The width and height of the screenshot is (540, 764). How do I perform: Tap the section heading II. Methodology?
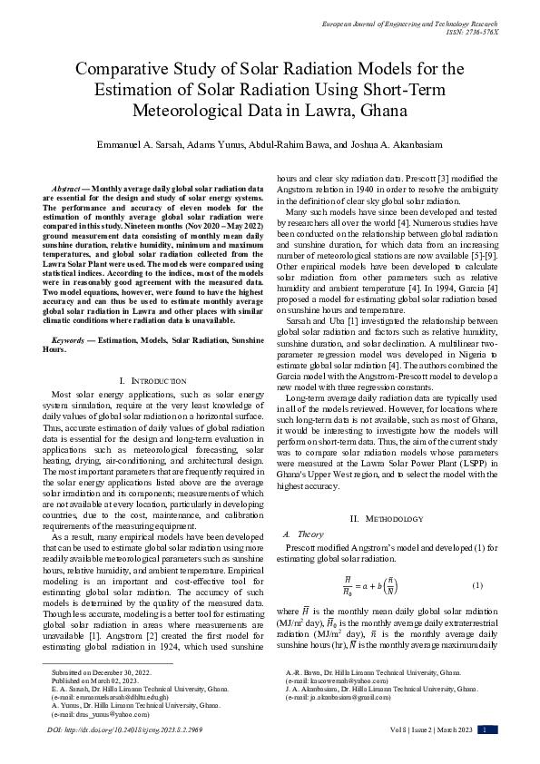[387, 518]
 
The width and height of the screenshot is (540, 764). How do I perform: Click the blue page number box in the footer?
[486, 730]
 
